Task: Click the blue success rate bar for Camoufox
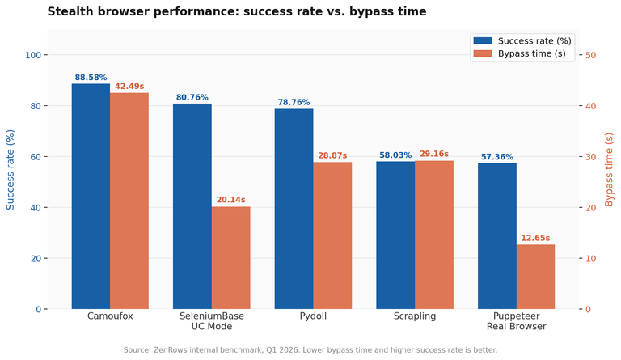[x=91, y=197]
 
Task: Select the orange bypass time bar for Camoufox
[x=129, y=201]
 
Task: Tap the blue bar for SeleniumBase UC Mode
[x=192, y=206]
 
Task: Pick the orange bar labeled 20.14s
[x=231, y=258]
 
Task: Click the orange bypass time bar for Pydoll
[x=332, y=235]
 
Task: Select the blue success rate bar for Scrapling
[x=395, y=235]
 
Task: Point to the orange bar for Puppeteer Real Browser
[x=535, y=277]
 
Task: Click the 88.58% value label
[x=91, y=78]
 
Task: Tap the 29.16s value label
[x=434, y=154]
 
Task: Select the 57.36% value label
[x=497, y=157]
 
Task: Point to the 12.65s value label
[x=535, y=238]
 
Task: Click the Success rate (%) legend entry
[x=522, y=40]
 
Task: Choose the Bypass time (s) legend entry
[x=520, y=53]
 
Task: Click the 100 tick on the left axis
[x=33, y=55]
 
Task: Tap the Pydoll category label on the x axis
[x=313, y=316]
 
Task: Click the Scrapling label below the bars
[x=415, y=316]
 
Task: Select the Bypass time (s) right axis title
[x=609, y=170]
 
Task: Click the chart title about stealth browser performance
[x=237, y=11]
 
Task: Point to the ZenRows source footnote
[x=310, y=350]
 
